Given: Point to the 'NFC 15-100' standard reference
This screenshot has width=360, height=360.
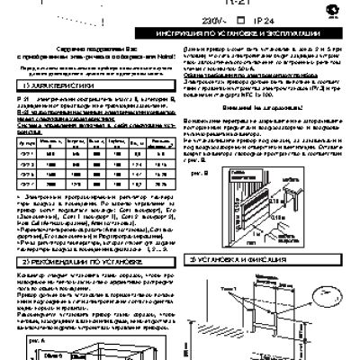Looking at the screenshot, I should click(x=301, y=93).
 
